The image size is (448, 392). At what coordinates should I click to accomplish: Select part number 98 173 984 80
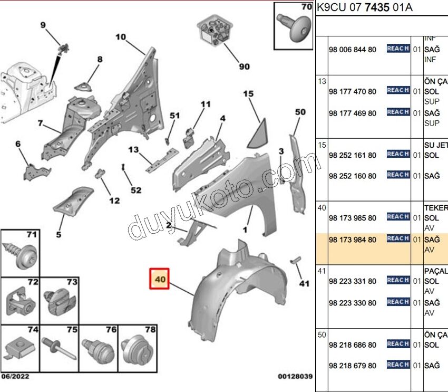click(352, 240)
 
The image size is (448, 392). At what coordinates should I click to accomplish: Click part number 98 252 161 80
click(352, 156)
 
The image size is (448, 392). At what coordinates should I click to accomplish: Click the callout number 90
click(244, 67)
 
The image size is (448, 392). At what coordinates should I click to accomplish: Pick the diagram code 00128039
click(295, 377)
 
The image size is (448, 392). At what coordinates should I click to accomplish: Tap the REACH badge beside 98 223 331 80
click(398, 280)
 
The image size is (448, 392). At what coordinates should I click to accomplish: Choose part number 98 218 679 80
click(352, 366)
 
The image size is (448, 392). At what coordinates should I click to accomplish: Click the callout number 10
click(121, 37)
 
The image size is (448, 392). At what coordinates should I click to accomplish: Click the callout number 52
click(136, 189)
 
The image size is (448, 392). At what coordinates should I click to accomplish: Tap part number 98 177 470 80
click(352, 92)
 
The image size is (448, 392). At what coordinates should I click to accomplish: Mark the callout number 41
click(304, 284)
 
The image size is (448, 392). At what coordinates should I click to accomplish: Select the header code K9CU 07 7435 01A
click(365, 7)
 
